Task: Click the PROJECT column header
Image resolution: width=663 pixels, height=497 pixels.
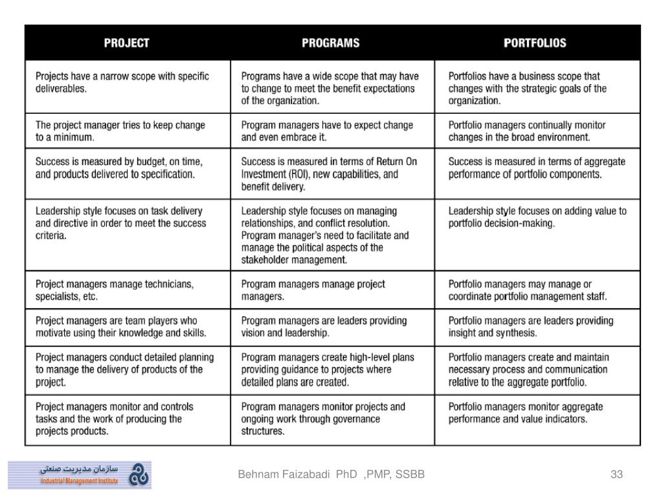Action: click(127, 43)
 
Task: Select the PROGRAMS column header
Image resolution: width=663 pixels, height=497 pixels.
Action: click(331, 43)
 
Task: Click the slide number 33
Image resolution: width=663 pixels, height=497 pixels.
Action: click(616, 474)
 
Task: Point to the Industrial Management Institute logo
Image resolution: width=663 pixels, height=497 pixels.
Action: click(80, 474)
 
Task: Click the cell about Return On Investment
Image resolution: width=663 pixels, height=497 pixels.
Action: click(332, 174)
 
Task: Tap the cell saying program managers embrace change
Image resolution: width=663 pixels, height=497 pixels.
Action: click(332, 131)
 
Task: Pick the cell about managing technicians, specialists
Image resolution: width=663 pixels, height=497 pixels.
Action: click(128, 291)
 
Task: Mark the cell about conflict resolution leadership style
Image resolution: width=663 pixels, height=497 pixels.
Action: click(332, 235)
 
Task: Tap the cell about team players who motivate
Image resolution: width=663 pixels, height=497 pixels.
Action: click(128, 327)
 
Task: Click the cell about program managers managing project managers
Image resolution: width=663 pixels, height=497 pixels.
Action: click(332, 291)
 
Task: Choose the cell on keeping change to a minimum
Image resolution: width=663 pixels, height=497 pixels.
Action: click(128, 131)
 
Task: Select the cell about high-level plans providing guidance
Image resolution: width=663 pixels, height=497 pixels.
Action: click(332, 370)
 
